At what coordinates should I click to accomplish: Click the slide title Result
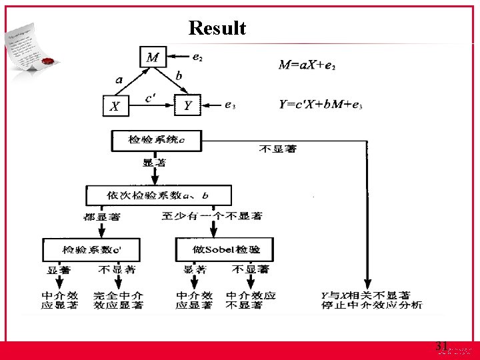click(217, 29)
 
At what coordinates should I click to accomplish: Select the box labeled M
click(153, 58)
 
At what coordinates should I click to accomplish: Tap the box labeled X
click(115, 105)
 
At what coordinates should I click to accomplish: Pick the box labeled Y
click(187, 105)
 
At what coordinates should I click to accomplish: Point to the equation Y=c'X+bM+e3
click(321, 105)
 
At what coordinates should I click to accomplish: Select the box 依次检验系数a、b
click(157, 195)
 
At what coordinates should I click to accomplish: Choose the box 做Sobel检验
click(227, 250)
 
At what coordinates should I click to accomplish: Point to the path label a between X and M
click(119, 79)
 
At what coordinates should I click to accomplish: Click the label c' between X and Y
click(151, 97)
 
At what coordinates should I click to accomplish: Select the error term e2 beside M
click(197, 58)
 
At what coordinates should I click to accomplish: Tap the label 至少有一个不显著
click(212, 216)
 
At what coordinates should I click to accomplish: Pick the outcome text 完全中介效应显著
click(118, 300)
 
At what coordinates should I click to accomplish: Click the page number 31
click(441, 345)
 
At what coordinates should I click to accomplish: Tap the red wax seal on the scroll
click(47, 63)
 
